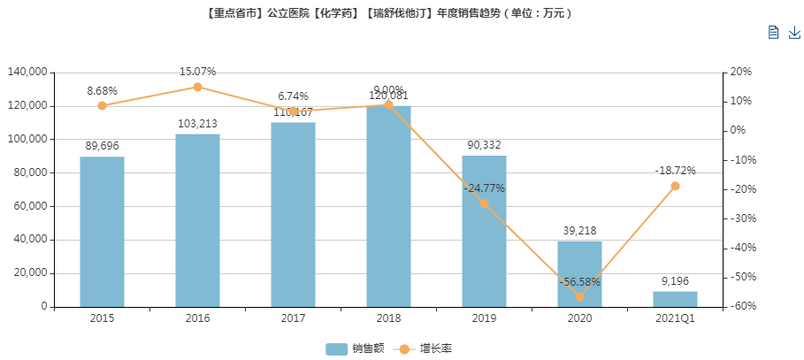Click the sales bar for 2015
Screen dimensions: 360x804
click(x=102, y=232)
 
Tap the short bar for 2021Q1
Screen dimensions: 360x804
click(x=675, y=299)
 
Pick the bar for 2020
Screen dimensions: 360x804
click(x=579, y=273)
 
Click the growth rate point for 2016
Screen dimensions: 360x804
click(x=197, y=87)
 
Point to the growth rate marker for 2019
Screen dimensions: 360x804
click(x=484, y=203)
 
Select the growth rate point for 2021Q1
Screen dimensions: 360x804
click(x=675, y=186)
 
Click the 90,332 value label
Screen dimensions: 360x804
click(x=484, y=145)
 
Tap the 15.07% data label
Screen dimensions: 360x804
click(x=197, y=72)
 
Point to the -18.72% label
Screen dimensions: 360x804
click(x=675, y=171)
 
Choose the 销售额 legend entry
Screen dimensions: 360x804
click(x=355, y=349)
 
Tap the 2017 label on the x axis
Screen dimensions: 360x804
click(x=293, y=318)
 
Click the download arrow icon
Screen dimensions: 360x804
click(x=793, y=33)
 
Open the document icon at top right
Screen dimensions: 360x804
click(x=773, y=33)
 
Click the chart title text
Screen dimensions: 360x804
click(x=402, y=13)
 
